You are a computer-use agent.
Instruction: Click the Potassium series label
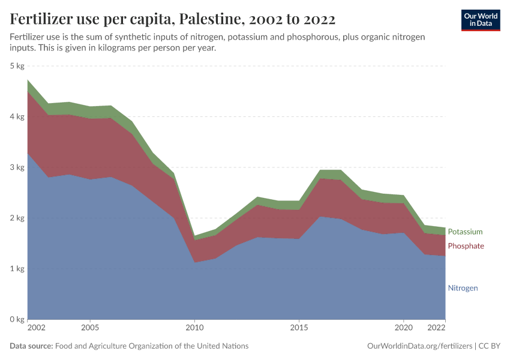[x=465, y=232]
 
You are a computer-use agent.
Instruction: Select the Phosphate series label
[x=466, y=246]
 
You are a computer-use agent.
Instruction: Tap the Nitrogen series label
[x=463, y=288]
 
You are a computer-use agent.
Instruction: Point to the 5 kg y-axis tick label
[x=17, y=65]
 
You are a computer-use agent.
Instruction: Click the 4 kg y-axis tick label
[x=17, y=116]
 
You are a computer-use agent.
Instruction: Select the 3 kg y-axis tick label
[x=17, y=167]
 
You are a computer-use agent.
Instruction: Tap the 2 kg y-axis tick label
[x=17, y=218]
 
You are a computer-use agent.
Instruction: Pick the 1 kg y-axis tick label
[x=17, y=269]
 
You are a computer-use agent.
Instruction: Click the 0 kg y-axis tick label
[x=17, y=319]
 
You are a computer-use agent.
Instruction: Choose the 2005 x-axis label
[x=90, y=329]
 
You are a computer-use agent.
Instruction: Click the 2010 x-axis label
[x=194, y=329]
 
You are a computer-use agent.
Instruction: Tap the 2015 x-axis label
[x=299, y=329]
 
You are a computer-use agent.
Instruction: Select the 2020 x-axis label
[x=403, y=329]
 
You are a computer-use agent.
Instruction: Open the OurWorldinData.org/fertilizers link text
[x=418, y=346]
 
